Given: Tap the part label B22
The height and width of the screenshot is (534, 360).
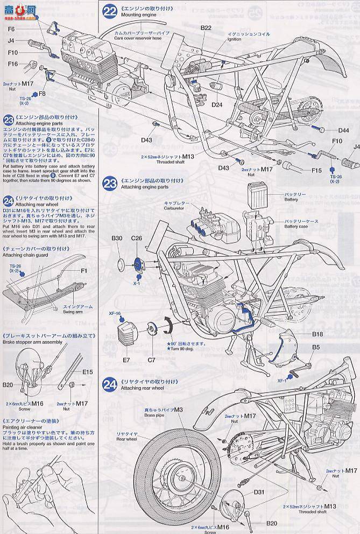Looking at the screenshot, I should pyautogui.click(x=206, y=27).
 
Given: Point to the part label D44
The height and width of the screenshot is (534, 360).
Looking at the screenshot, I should pyautogui.click(x=344, y=130).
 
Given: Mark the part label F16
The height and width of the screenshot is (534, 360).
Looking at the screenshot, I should pyautogui.click(x=13, y=64).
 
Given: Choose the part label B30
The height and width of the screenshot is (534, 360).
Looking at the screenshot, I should pyautogui.click(x=117, y=238).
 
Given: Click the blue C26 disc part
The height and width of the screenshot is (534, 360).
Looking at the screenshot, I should pyautogui.click(x=137, y=263).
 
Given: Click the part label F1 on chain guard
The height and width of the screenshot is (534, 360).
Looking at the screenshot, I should pyautogui.click(x=84, y=271).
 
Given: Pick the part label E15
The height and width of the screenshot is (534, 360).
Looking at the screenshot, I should pyautogui.click(x=88, y=371).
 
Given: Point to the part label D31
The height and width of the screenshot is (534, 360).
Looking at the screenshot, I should pyautogui.click(x=258, y=491).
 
